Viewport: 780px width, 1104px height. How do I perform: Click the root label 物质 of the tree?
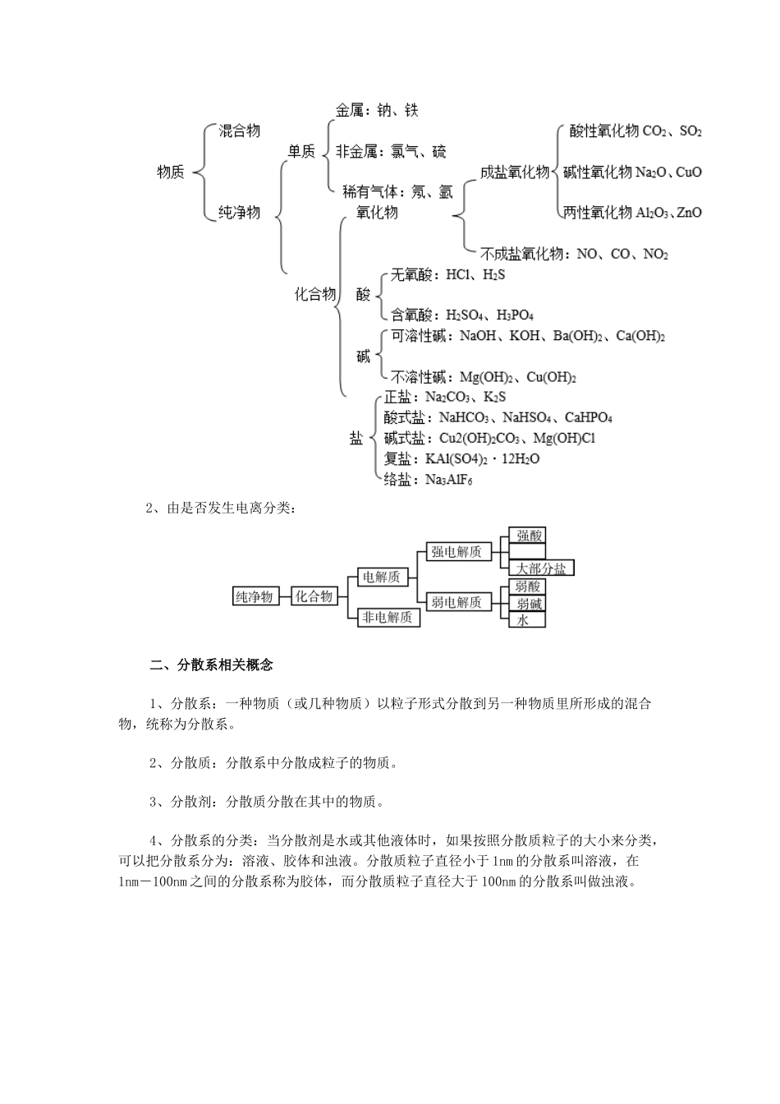(x=170, y=172)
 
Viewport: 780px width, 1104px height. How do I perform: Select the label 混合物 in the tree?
(x=240, y=131)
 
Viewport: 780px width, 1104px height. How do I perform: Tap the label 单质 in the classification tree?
(x=301, y=151)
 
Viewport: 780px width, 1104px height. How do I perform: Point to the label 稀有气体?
(x=369, y=192)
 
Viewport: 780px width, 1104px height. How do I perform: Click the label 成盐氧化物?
(x=515, y=172)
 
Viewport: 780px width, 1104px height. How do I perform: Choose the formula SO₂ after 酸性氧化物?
(x=691, y=131)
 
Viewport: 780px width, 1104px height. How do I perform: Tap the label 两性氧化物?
(x=598, y=213)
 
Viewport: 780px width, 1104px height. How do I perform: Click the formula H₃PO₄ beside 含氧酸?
(x=516, y=315)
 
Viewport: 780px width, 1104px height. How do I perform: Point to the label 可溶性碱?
(x=418, y=336)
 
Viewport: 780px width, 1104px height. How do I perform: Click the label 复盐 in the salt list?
(x=398, y=459)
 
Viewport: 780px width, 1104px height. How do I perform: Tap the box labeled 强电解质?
(x=457, y=552)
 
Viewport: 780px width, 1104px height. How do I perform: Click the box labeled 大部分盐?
(x=541, y=568)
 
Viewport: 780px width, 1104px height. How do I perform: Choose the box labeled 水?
(x=522, y=620)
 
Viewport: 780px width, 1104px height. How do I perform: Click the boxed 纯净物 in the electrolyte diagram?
(x=255, y=596)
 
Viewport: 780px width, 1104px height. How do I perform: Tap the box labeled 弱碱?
(x=528, y=604)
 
